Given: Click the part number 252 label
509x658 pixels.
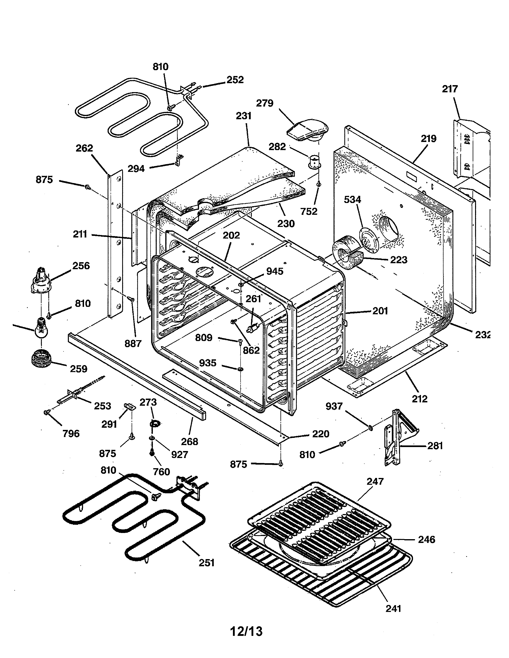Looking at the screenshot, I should [235, 80].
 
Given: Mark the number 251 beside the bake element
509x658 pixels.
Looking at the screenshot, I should [207, 562].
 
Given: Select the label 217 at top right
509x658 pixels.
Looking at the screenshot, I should [450, 89].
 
